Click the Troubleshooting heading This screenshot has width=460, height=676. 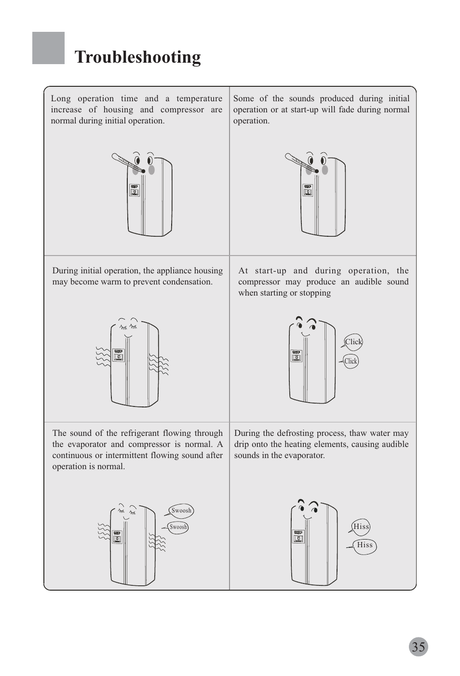coord(137,57)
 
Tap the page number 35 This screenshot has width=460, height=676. coord(419,647)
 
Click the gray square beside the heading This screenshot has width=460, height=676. coord(48,48)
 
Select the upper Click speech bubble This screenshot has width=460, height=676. coord(352,342)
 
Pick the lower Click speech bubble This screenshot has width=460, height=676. coord(350,361)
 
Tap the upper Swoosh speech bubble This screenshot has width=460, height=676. coord(180,510)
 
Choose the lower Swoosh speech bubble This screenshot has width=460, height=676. coord(177,527)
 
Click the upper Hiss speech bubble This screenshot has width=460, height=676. coord(360,527)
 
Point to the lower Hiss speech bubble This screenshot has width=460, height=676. coord(363,545)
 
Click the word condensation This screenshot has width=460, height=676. coord(188,282)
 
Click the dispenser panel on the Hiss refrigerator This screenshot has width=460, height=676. coord(298,537)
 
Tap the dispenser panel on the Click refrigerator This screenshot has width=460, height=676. coord(297,356)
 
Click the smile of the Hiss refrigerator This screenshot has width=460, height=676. coord(307,517)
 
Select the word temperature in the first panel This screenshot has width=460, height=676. coord(199,99)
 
